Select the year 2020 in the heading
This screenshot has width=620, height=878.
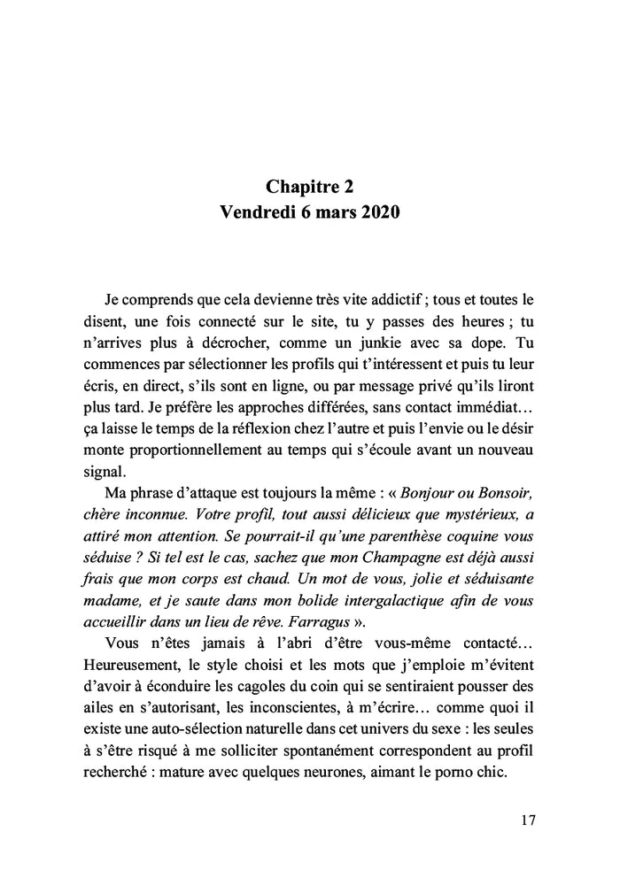[x=380, y=213]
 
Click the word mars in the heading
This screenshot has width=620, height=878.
[x=332, y=213]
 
